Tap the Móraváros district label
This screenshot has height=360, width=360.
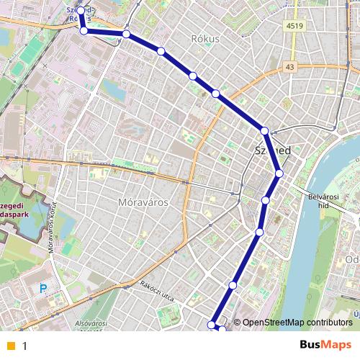point(142,202)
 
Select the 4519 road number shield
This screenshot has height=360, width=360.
point(294,27)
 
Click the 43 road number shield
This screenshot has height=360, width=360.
point(290,67)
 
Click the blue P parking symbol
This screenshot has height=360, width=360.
point(43,289)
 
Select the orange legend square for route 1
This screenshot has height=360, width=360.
point(10,346)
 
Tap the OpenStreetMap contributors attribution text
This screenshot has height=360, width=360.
point(297,322)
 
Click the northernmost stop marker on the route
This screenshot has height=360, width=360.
point(81,11)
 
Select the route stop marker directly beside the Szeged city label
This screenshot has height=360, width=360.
point(265,131)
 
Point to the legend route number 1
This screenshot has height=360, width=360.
point(24,346)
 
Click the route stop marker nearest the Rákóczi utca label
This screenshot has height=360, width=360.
point(233,286)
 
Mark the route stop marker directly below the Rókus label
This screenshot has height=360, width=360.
point(193,76)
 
